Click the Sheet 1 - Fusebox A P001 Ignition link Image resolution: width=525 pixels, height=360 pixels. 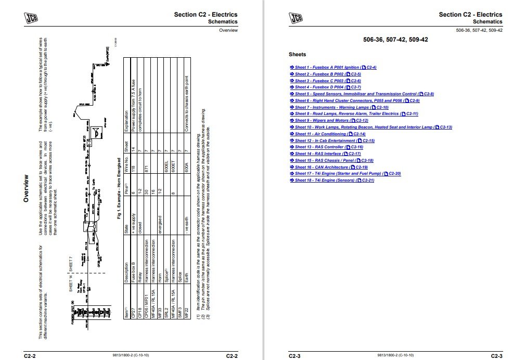tap(332, 68)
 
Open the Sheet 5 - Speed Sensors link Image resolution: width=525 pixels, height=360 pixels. tap(362, 94)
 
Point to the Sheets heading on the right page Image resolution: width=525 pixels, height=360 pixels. tap(297, 55)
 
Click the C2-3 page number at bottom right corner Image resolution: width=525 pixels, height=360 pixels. tap(496, 356)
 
